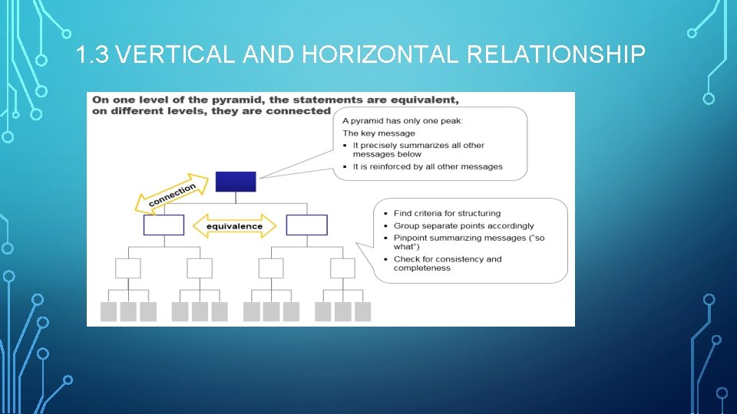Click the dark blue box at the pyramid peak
[x=235, y=182]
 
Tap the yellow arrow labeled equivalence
[x=234, y=225]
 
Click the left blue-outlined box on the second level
[x=164, y=225]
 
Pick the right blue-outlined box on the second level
[x=306, y=225]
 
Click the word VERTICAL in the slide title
[x=177, y=54]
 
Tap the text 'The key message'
[x=378, y=133]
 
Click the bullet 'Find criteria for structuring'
[x=447, y=213]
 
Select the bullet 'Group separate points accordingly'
[x=464, y=226]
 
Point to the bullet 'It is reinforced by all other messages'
[x=428, y=166]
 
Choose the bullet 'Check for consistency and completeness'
[x=447, y=264]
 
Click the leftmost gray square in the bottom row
[x=109, y=311]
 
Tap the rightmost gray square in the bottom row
[x=362, y=311]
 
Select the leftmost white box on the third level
[x=127, y=268]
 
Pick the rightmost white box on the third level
[x=342, y=268]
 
